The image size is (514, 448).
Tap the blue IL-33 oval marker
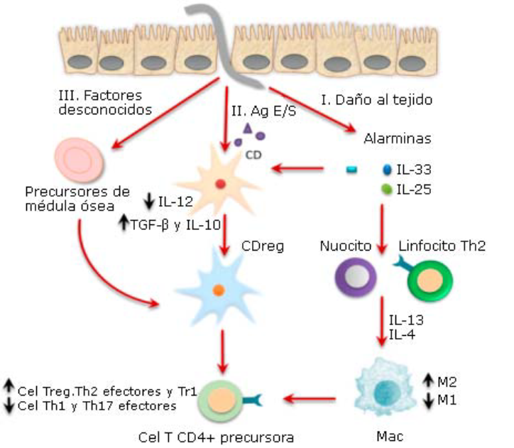387,170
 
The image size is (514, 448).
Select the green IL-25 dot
386,190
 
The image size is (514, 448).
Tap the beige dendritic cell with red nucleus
220,185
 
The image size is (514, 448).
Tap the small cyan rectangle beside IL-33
350,169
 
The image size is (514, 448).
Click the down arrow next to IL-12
148,202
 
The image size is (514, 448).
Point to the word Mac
387,435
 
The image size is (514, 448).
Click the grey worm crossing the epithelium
226,43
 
